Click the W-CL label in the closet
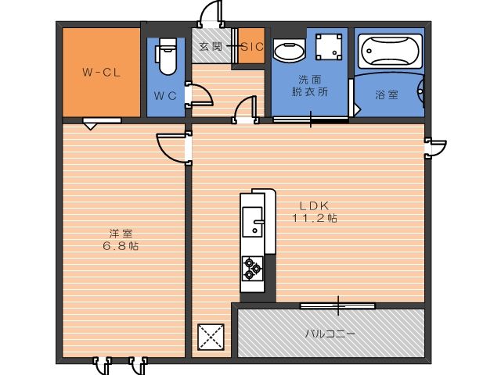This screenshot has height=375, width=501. pyautogui.click(x=102, y=72)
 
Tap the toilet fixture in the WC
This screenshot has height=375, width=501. pyautogui.click(x=166, y=56)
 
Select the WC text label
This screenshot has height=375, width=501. pyautogui.click(x=165, y=95)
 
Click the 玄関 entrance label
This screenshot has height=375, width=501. pyautogui.click(x=211, y=47)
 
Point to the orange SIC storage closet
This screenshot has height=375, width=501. pyautogui.click(x=252, y=46)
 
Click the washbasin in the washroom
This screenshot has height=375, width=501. pyautogui.click(x=289, y=51)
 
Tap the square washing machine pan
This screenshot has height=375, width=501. pyautogui.click(x=329, y=47)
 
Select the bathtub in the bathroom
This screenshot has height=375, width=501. pyautogui.click(x=390, y=52)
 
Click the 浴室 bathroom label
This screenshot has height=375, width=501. pyautogui.click(x=387, y=95)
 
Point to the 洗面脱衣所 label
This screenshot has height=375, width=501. pyautogui.click(x=310, y=85)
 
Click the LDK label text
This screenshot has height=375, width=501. pyautogui.click(x=314, y=205)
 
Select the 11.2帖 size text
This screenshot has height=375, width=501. pyautogui.click(x=315, y=218)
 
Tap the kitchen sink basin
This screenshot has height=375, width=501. pyautogui.click(x=252, y=222)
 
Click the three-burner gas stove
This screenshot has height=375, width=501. pyautogui.click(x=252, y=269)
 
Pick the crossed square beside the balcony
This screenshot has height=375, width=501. pyautogui.click(x=211, y=337)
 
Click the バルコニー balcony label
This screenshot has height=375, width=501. pyautogui.click(x=330, y=334)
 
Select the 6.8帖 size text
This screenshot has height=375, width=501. pyautogui.click(x=121, y=246)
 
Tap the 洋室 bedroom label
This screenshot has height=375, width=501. pyautogui.click(x=121, y=234)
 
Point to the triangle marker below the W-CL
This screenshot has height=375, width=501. pyautogui.click(x=91, y=127)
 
